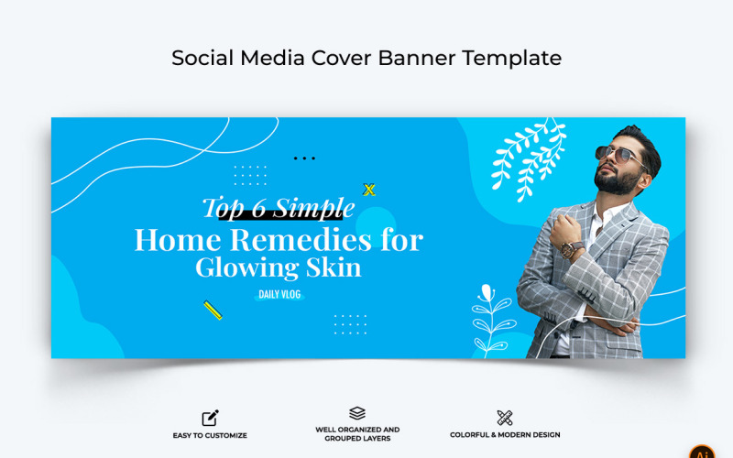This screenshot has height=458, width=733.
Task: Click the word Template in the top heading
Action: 511,58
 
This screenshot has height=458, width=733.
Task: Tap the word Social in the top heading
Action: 201,58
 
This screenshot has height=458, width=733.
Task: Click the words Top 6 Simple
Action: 278,208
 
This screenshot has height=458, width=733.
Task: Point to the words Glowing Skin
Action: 278,267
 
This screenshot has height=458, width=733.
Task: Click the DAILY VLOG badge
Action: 279,295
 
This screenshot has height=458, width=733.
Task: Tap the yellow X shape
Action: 369,190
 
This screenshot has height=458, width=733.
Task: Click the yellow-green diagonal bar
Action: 213,311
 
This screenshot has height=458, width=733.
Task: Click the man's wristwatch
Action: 573,248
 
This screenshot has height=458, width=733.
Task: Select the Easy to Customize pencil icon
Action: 210,418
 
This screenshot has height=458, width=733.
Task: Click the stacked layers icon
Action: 357,414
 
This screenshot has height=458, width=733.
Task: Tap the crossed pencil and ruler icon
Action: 505,418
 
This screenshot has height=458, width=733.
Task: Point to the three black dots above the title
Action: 304,158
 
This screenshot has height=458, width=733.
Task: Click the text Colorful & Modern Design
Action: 505,435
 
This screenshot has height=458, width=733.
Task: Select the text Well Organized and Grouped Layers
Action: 357,433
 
